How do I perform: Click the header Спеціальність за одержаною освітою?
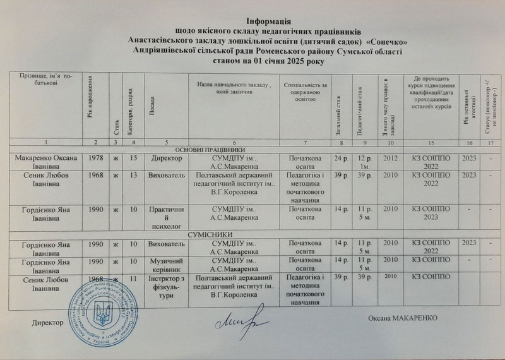pos(304,91)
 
